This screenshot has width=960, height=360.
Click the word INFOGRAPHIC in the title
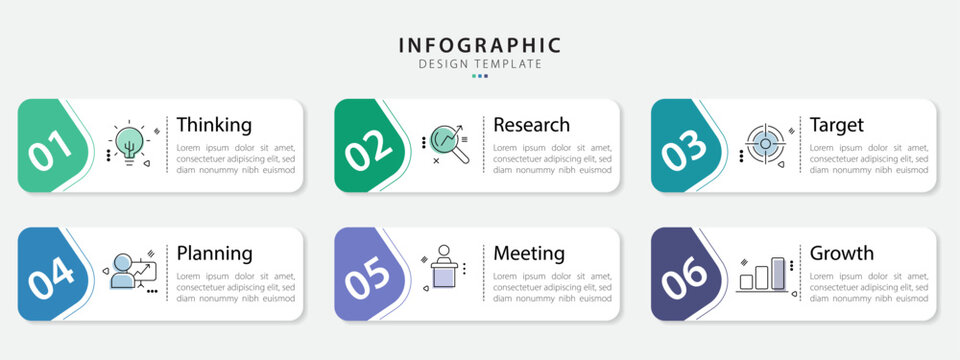(480, 45)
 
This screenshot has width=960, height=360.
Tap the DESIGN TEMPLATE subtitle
(480, 64)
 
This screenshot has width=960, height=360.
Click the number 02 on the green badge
(369, 149)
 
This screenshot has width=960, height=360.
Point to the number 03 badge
(685, 149)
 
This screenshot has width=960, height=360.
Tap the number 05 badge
(369, 277)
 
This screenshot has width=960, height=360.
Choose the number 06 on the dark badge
(685, 277)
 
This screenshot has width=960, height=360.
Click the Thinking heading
(214, 125)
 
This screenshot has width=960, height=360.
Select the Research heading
(531, 125)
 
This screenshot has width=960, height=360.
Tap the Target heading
(836, 125)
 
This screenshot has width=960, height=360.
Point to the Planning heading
(214, 253)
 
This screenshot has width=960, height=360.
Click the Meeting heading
(529, 253)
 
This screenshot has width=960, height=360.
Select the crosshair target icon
(765, 143)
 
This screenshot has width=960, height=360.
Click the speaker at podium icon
(444, 268)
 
